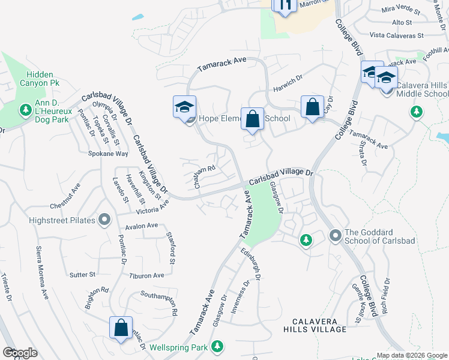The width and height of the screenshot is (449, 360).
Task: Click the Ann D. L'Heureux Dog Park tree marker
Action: pyautogui.click(x=25, y=110)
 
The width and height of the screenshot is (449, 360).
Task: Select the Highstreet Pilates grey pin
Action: pyautogui.click(x=104, y=220)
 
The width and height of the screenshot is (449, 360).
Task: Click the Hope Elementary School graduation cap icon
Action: pyautogui.click(x=184, y=107)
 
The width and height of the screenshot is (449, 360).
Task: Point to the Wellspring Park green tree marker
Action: pyautogui.click(x=217, y=347)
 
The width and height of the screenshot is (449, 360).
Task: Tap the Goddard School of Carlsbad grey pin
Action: pyautogui.click(x=335, y=236)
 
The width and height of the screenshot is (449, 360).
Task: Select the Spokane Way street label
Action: pyautogui.click(x=110, y=154)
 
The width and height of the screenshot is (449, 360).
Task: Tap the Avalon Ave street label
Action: pyautogui.click(x=142, y=226)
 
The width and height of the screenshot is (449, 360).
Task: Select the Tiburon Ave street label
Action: pyautogui.click(x=146, y=275)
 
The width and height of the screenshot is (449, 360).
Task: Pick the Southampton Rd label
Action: pyautogui.click(x=158, y=303)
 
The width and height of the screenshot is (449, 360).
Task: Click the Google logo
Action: pyautogui.click(x=20, y=353)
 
